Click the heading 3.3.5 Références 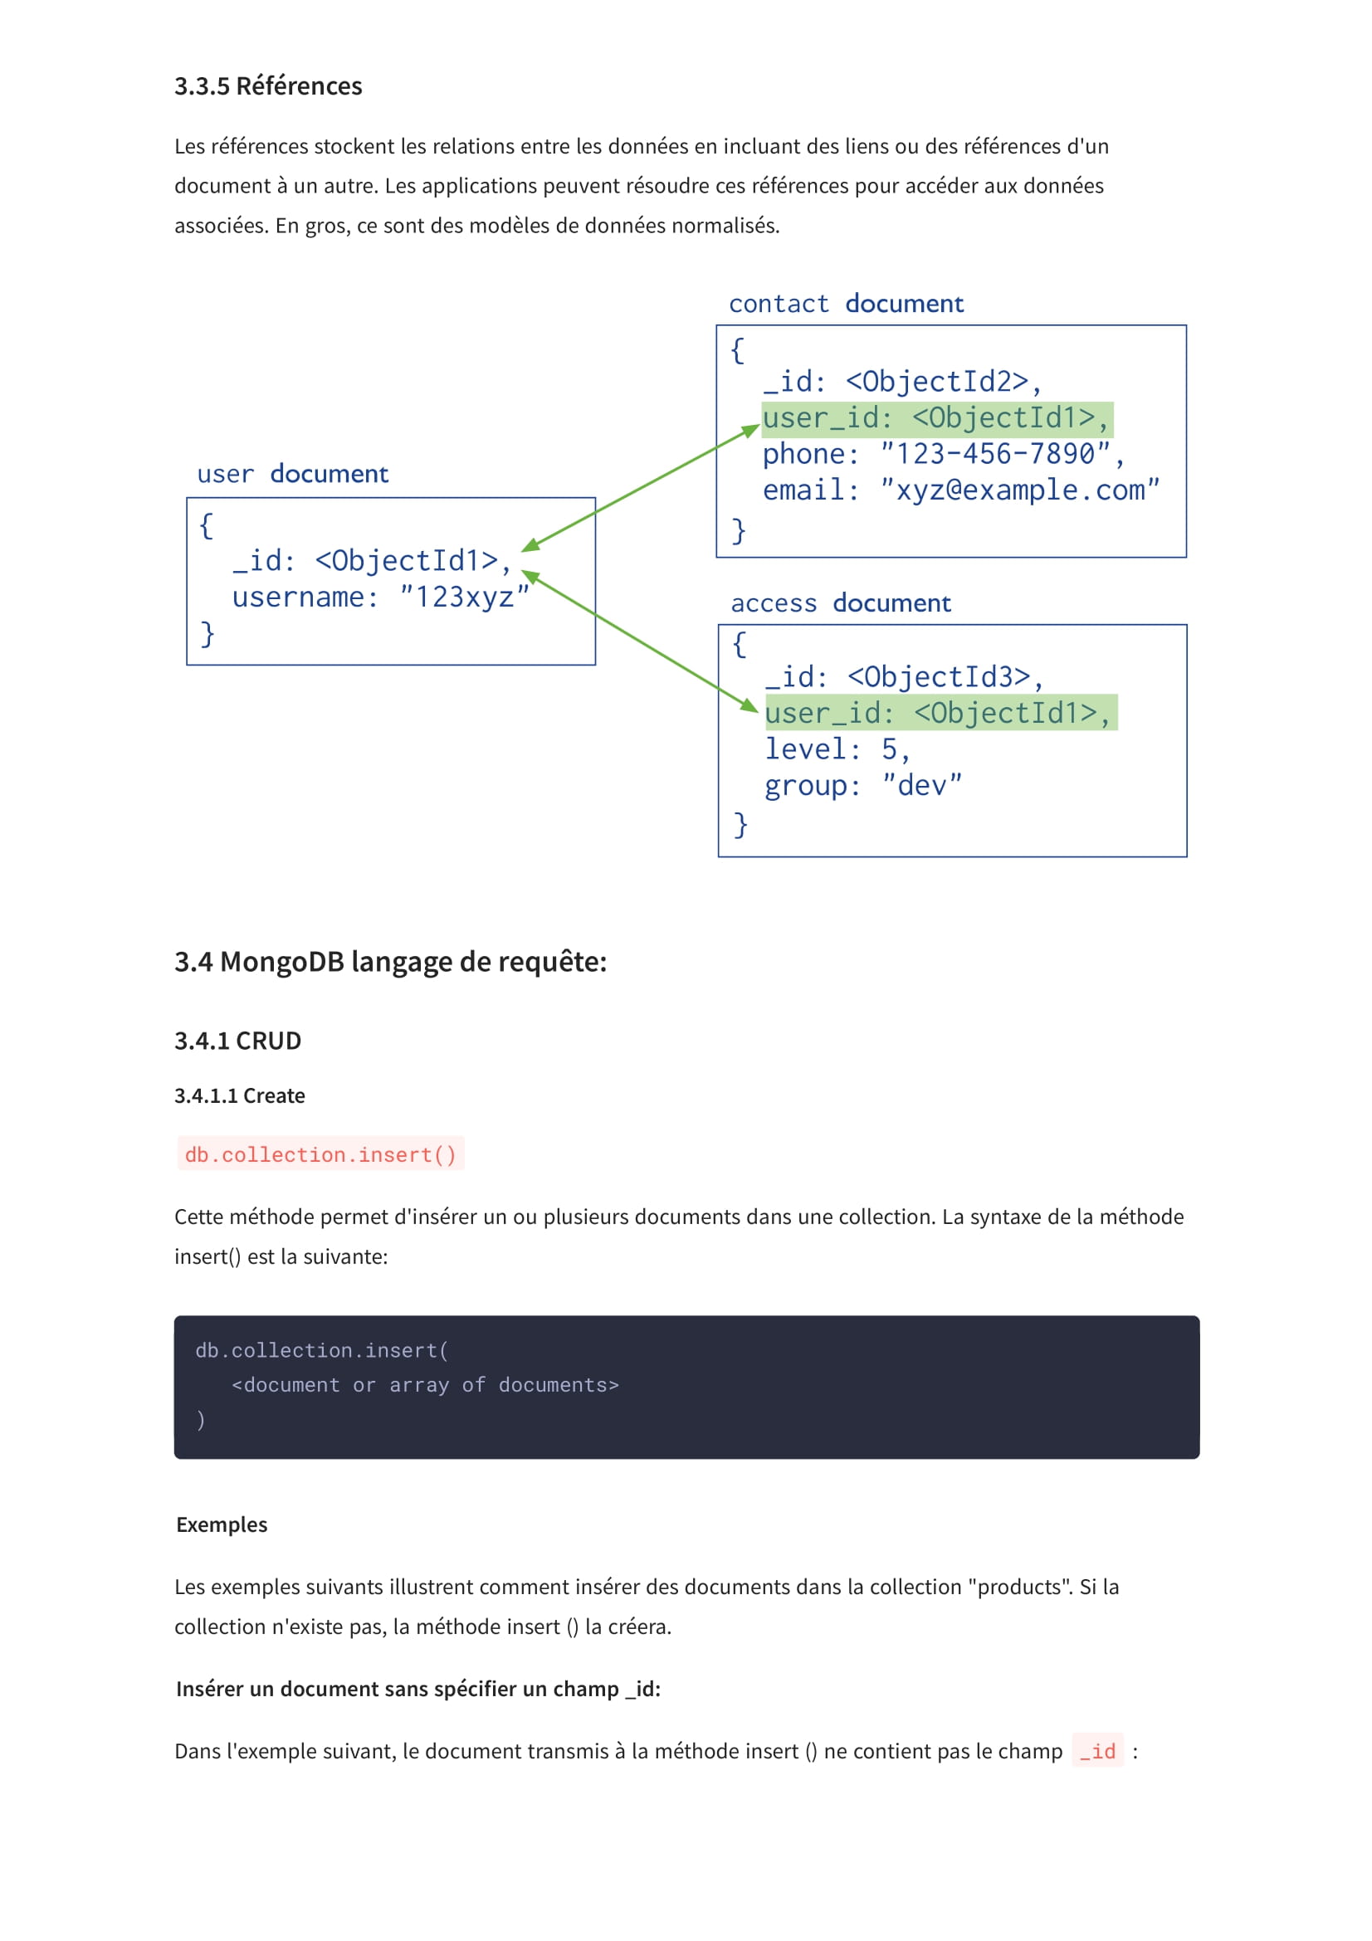click(x=268, y=86)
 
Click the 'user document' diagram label click(x=292, y=473)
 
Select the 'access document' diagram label click(x=840, y=602)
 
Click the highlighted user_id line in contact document click(x=936, y=418)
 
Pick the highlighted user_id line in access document click(x=940, y=713)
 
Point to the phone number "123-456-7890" click(x=995, y=454)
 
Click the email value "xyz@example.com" click(x=1019, y=490)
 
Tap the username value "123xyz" click(x=464, y=597)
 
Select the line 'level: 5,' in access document click(x=837, y=749)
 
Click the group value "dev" click(x=921, y=785)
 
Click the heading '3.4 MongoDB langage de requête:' click(x=391, y=962)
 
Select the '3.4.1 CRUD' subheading click(x=237, y=1041)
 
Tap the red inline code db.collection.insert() click(x=320, y=1154)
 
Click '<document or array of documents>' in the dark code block click(x=425, y=1385)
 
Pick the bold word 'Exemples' click(x=222, y=1524)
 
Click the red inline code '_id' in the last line click(x=1097, y=1751)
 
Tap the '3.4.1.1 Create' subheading click(x=239, y=1095)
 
